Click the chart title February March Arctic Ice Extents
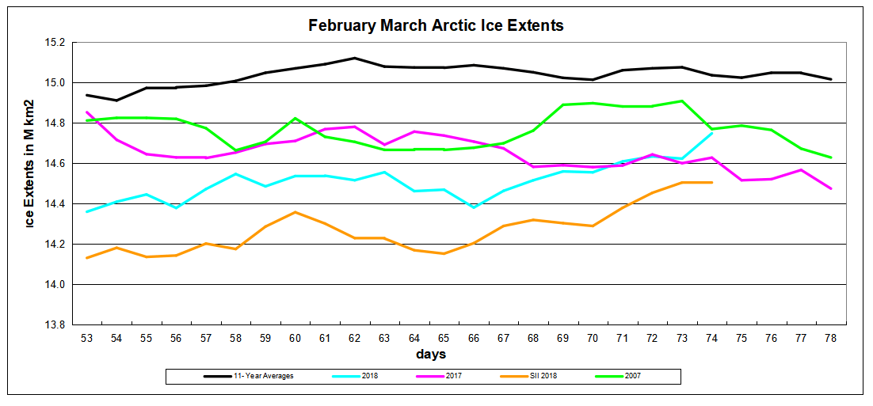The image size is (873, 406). (x=436, y=25)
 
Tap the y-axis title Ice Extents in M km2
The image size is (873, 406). (x=29, y=164)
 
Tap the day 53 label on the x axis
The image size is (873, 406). (x=86, y=338)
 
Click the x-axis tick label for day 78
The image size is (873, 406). (x=829, y=338)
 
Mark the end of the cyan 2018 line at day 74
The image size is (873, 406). (x=711, y=133)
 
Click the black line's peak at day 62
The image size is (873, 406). (x=354, y=58)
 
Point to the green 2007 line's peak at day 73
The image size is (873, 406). (x=681, y=101)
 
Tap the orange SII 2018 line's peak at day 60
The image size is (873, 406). (x=295, y=212)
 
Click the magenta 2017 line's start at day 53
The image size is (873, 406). (x=86, y=112)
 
